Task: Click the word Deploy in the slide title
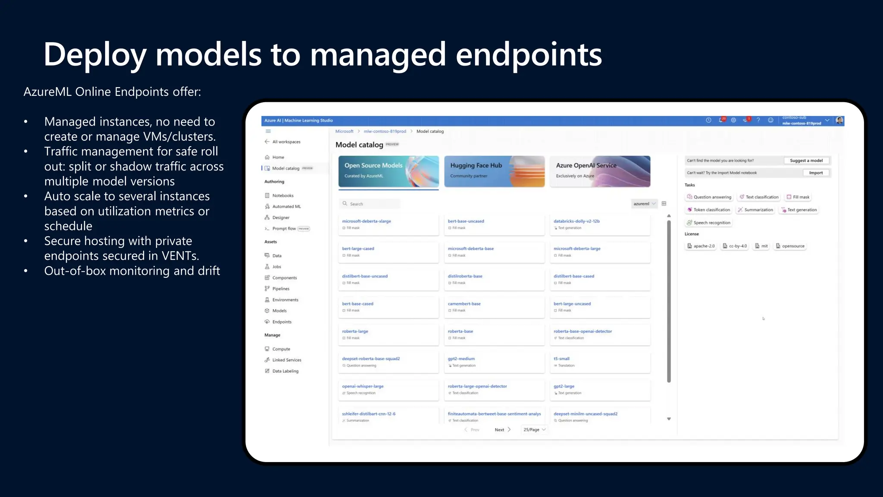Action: (x=95, y=55)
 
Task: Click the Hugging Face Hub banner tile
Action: (x=494, y=171)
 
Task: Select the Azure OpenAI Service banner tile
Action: (x=600, y=171)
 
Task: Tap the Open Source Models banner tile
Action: (x=388, y=171)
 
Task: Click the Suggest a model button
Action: (x=806, y=160)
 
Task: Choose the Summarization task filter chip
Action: (x=755, y=210)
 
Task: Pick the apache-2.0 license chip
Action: (x=701, y=246)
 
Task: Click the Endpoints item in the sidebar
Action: (x=282, y=322)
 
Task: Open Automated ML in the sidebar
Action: (x=286, y=207)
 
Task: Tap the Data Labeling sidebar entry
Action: (x=285, y=371)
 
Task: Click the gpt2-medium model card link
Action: (x=461, y=359)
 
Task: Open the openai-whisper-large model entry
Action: (x=363, y=387)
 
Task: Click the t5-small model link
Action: (x=561, y=359)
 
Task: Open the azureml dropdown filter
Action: (x=644, y=204)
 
